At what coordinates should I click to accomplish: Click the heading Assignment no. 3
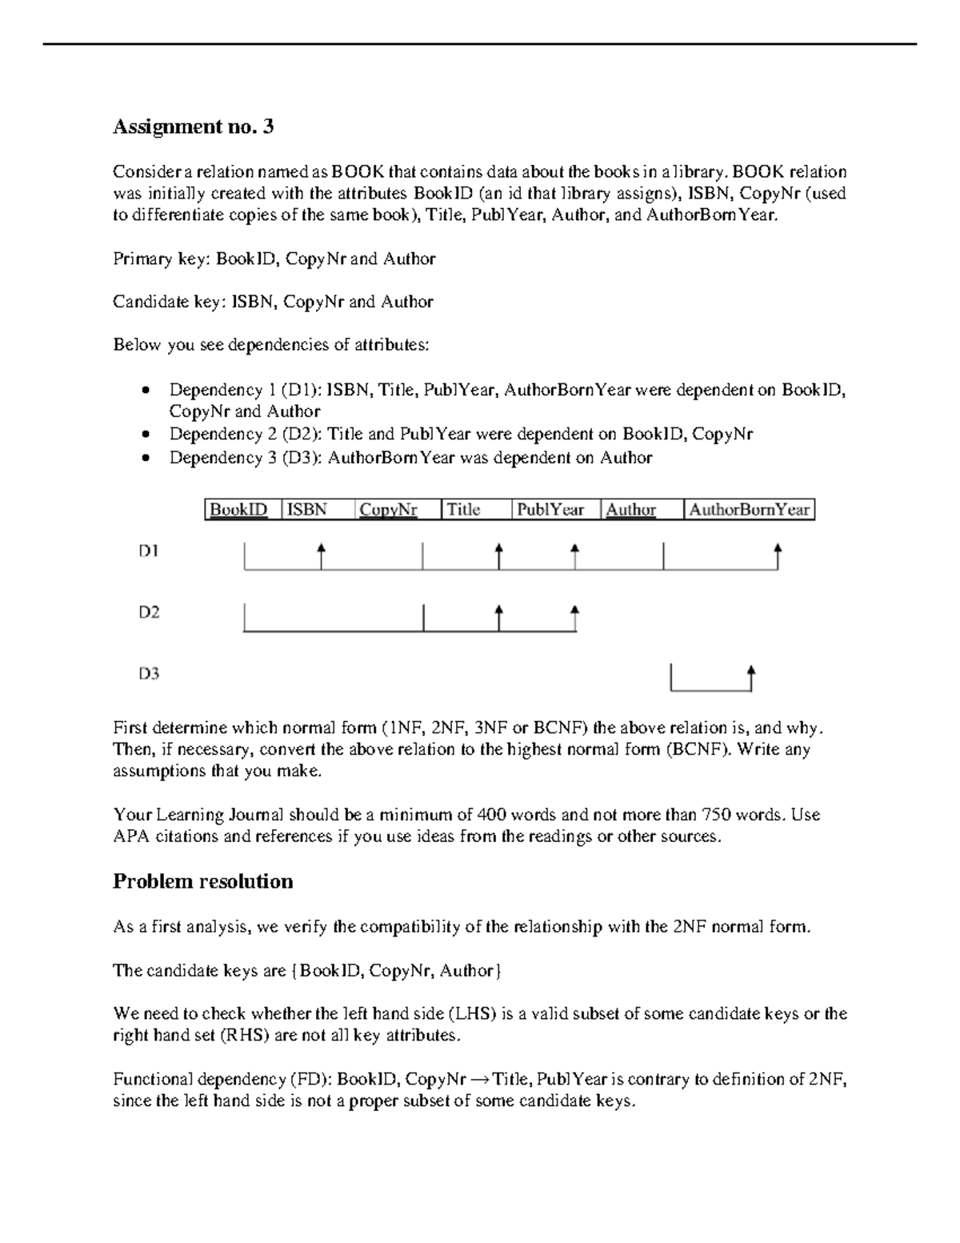[193, 126]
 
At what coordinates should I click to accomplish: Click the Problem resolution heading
[202, 881]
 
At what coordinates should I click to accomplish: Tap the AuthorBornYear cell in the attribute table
[749, 510]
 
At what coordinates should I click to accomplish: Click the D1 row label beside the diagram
[149, 551]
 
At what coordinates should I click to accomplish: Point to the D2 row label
[149, 612]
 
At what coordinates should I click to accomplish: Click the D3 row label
[149, 674]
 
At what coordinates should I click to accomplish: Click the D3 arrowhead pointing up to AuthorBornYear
[750, 670]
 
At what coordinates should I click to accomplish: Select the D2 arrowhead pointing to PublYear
[574, 611]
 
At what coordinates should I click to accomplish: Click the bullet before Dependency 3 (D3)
[144, 459]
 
